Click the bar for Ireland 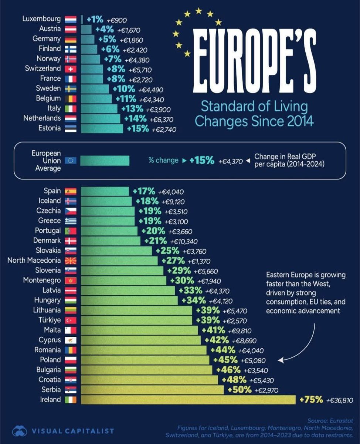[188, 400]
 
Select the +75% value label [311, 400]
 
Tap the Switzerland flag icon [70, 68]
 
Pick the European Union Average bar [105, 160]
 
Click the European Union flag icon [70, 160]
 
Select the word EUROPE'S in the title [254, 61]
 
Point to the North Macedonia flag [70, 260]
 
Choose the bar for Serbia [152, 390]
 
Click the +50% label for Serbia [240, 390]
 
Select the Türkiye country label [47, 320]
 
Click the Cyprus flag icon [70, 340]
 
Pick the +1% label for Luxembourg [95, 19]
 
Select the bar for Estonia [102, 128]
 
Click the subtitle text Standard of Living [254, 107]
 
